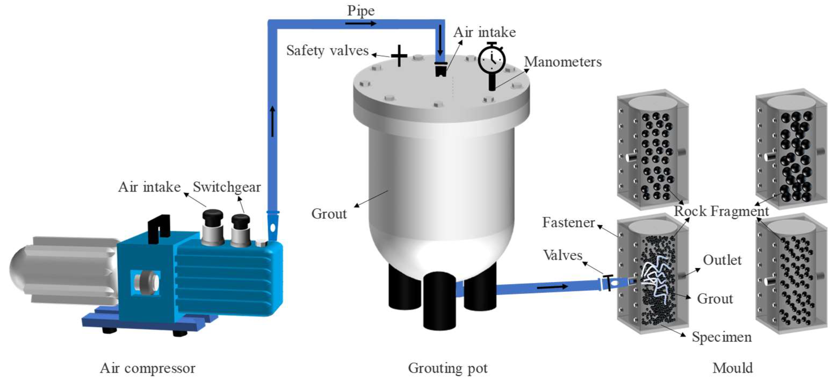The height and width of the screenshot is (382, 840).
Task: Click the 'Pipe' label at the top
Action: pos(361,10)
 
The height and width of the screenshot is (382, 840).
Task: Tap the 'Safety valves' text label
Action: pos(327,51)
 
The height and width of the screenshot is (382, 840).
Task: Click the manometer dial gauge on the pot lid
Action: pos(492,61)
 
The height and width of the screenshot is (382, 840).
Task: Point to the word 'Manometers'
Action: pos(563,62)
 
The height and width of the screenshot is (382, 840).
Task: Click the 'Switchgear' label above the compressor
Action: pos(227,187)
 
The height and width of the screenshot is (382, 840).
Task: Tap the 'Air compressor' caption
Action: pos(147,368)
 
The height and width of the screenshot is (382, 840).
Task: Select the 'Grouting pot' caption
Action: pos(447,368)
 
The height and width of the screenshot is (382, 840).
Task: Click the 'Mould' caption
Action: pos(732,368)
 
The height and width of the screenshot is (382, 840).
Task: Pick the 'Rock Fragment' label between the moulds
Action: pos(721,211)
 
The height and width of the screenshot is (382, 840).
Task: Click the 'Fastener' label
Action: pos(568,222)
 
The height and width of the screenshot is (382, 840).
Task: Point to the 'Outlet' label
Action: pos(722,260)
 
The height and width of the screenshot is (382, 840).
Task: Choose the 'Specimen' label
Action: pos(722,337)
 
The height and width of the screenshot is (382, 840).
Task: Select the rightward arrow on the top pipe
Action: pos(360,23)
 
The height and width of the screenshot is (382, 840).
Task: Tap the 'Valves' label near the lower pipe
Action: pos(563,255)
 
